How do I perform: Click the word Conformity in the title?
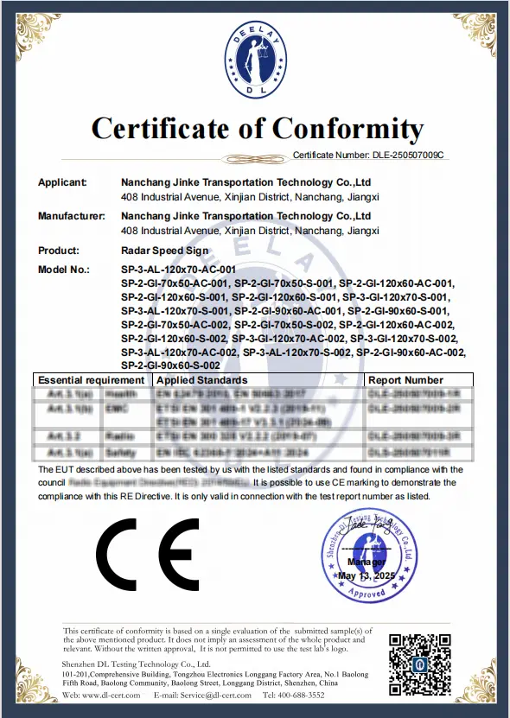pos(348,129)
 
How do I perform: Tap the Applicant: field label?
pos(62,183)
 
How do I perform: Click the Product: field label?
pos(59,250)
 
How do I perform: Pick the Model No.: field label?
pos(64,270)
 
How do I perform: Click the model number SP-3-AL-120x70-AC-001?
pos(178,270)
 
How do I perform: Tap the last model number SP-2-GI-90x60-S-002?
pos(170,365)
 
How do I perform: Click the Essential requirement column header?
pos(92,379)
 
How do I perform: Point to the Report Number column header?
pos(405,379)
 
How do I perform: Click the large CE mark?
pos(147,552)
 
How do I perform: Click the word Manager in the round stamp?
pos(367,562)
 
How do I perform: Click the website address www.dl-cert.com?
pos(109,696)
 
